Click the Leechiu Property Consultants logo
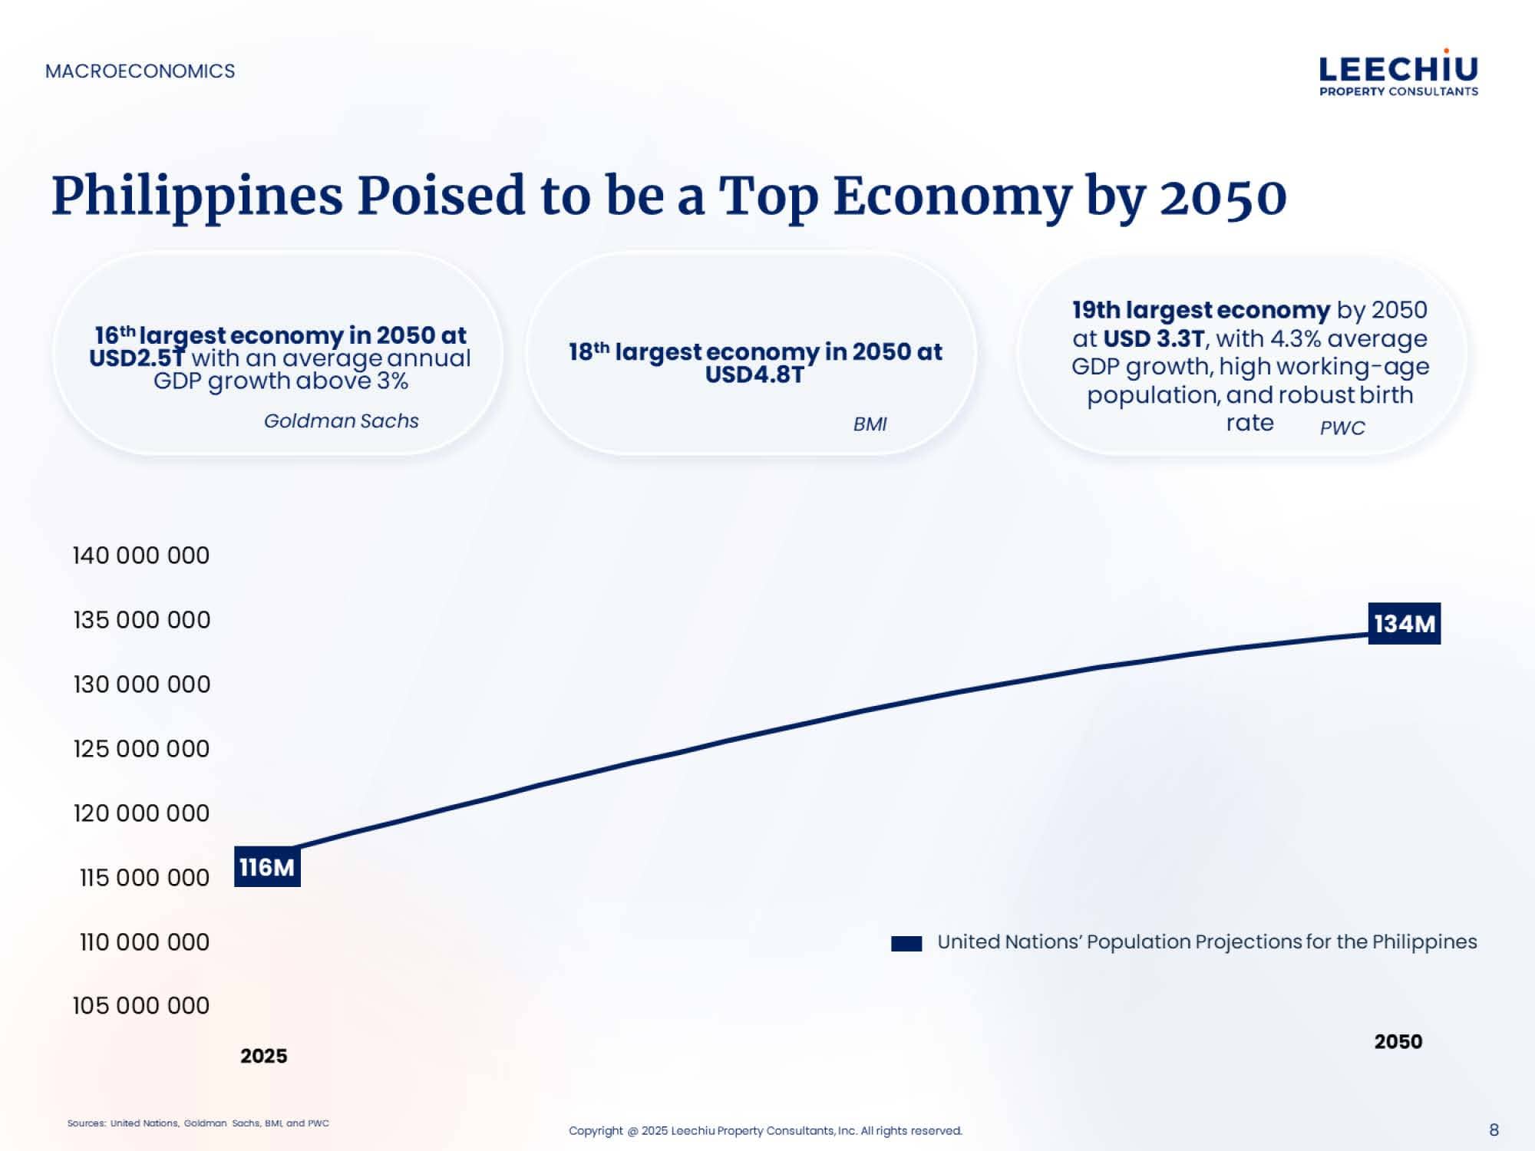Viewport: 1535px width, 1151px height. click(1398, 74)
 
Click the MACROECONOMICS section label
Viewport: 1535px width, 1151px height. click(140, 71)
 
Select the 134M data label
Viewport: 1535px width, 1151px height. click(1404, 624)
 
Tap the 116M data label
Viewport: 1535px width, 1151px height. click(266, 868)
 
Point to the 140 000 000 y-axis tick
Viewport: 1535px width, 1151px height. click(140, 556)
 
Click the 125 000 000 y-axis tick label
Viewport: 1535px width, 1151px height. click(141, 749)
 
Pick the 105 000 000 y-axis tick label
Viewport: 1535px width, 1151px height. click(140, 1006)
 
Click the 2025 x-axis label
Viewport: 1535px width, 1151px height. click(263, 1057)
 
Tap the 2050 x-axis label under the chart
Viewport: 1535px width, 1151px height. click(1398, 1042)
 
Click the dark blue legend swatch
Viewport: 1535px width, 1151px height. click(906, 944)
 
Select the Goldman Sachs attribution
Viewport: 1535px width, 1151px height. click(342, 421)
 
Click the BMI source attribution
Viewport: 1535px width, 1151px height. click(870, 424)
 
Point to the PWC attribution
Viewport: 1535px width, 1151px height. click(1342, 428)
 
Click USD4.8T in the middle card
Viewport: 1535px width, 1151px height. click(754, 375)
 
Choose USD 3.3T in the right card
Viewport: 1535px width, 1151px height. click(1154, 338)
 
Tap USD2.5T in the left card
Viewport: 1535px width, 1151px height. click(137, 358)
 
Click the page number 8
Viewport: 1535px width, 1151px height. click(1494, 1130)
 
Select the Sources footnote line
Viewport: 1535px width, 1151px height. click(198, 1123)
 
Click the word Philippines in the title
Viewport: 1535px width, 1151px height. click(196, 196)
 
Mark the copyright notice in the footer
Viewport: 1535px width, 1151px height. click(765, 1130)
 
